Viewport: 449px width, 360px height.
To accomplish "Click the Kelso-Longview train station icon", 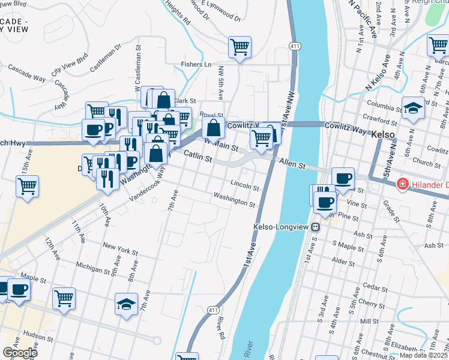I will point(315,227).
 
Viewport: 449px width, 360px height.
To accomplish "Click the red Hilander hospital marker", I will point(402,184).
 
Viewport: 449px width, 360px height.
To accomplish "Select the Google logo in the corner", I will point(20,352).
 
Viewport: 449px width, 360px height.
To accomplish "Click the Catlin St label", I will point(199,158).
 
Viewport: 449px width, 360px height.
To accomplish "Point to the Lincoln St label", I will point(244,185).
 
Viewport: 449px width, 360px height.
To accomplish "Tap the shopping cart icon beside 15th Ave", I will point(28,186).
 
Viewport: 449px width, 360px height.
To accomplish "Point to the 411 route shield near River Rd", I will point(213,310).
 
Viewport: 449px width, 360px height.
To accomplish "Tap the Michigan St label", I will point(92,264).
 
